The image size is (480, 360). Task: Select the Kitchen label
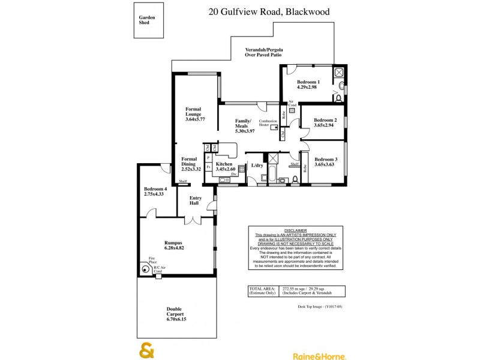tap(224, 164)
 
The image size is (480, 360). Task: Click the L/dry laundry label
tap(257, 165)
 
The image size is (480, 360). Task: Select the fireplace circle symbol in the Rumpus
tap(145, 269)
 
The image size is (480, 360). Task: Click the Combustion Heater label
tap(268, 123)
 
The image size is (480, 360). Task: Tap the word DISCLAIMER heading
tap(295, 230)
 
